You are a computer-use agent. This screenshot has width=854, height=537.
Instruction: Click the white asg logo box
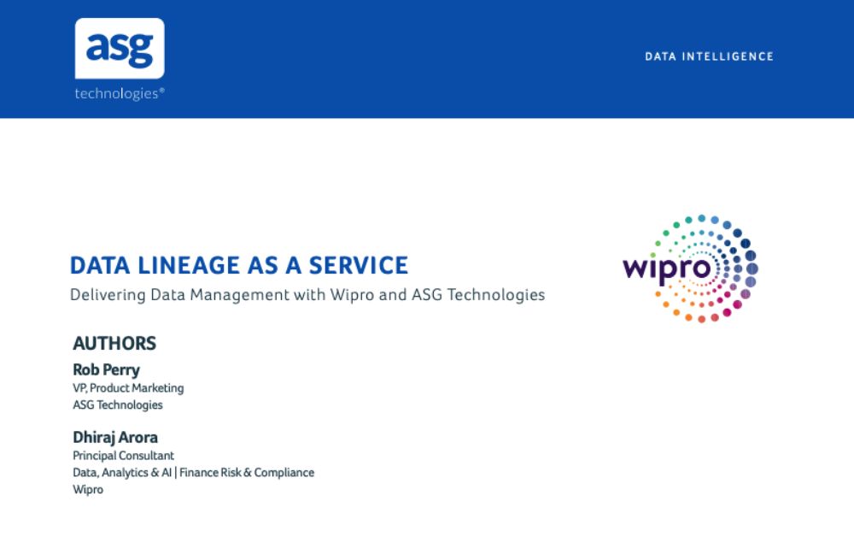click(x=120, y=48)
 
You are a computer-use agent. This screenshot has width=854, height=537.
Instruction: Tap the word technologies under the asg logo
click(x=116, y=93)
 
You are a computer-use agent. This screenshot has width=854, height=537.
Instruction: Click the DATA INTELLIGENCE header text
click(x=709, y=56)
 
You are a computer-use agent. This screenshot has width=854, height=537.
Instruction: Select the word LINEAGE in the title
click(x=189, y=265)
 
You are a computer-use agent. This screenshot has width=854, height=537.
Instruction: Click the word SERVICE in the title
click(x=359, y=265)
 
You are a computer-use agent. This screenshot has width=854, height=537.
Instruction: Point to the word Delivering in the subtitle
click(x=108, y=295)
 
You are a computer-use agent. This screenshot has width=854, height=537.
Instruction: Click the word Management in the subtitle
click(x=240, y=295)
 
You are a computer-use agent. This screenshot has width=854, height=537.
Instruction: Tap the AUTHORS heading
click(x=114, y=344)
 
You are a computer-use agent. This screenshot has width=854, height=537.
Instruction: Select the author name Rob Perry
click(x=106, y=369)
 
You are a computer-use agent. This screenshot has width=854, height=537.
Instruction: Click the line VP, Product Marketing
click(x=128, y=388)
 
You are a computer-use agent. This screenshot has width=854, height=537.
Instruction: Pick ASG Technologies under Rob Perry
click(x=118, y=405)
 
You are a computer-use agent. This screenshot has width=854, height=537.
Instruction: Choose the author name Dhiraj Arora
click(x=115, y=437)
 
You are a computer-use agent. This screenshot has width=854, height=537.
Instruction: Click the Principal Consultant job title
click(x=123, y=456)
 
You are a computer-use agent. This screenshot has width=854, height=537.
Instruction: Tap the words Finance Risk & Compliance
click(x=247, y=473)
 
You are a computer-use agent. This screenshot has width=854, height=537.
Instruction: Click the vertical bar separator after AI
click(x=176, y=473)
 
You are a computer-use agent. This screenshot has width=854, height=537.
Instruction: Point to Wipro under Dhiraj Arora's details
click(x=88, y=490)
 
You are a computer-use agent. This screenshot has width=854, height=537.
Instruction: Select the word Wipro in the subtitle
click(x=352, y=295)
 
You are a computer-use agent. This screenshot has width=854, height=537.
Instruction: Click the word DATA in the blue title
click(x=100, y=265)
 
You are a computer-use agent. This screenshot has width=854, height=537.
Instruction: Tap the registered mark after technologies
click(x=161, y=90)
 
